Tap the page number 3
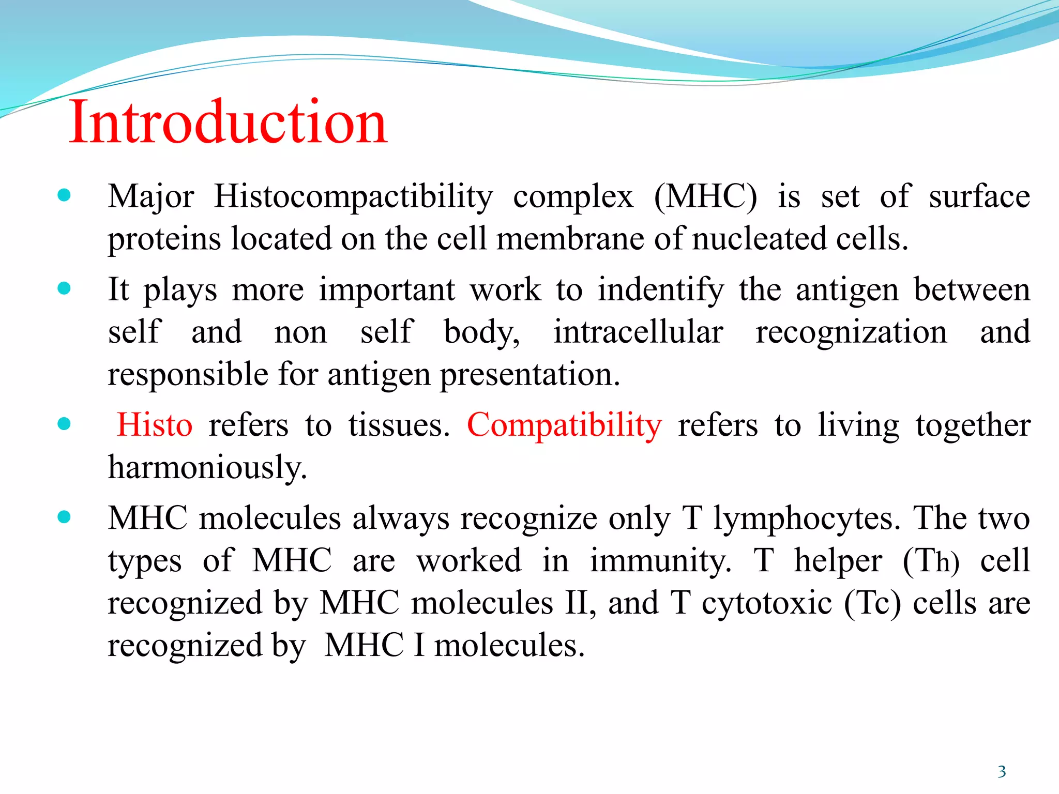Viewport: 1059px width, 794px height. click(1002, 772)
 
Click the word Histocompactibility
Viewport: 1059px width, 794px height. click(354, 197)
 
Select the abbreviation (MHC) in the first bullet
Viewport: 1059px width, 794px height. click(705, 197)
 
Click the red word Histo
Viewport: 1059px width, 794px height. click(155, 425)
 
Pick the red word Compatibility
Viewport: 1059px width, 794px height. click(564, 425)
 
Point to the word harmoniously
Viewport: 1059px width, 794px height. click(207, 467)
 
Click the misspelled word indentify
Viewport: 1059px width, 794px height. click(660, 290)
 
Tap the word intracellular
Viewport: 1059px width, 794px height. click(638, 332)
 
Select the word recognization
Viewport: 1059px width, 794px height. click(851, 332)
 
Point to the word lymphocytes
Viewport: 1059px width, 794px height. click(807, 518)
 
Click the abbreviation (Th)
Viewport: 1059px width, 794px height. click(931, 561)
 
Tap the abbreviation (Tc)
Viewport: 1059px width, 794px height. click(872, 603)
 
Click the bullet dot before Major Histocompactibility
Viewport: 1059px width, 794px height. click(64, 195)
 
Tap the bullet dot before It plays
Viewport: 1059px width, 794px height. click(64, 288)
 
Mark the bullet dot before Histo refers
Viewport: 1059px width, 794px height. click(64, 424)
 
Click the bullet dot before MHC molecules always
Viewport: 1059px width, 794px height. click(64, 517)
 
